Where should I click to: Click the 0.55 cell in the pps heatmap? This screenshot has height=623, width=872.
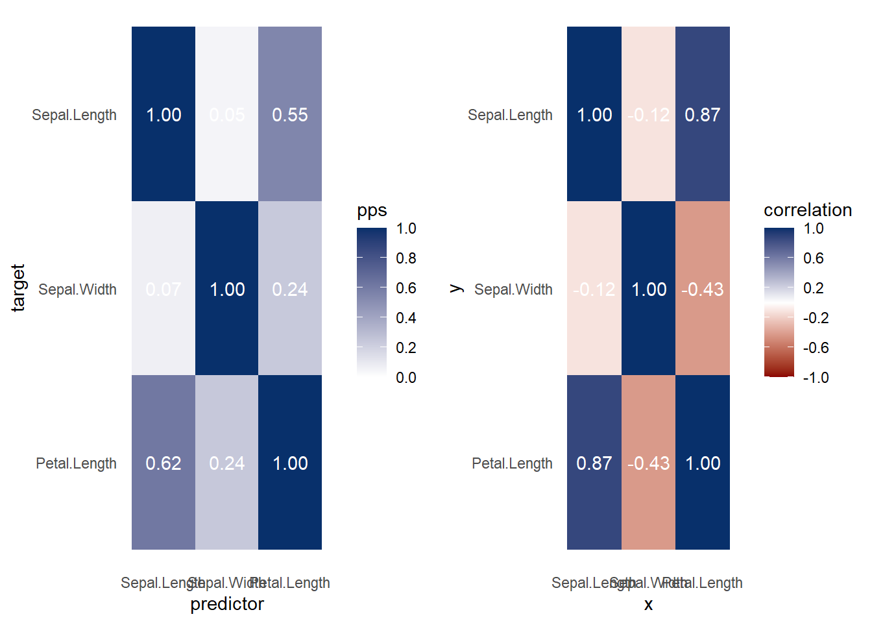(290, 114)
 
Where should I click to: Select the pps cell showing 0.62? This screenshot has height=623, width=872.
(163, 463)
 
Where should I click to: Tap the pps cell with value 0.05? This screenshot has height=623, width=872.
(227, 114)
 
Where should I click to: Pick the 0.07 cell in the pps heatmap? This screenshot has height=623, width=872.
(163, 289)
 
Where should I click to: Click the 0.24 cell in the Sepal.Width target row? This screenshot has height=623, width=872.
(290, 289)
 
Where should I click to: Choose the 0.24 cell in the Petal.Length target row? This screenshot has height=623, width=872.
(227, 463)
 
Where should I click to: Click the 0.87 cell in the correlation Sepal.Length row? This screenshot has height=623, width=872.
(703, 114)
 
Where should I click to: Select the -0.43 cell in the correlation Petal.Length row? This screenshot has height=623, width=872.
(648, 463)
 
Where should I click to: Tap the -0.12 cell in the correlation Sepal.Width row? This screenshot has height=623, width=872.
(594, 289)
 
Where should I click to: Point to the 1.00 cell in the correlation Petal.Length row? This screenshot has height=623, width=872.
(703, 463)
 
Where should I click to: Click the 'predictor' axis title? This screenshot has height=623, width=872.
(227, 604)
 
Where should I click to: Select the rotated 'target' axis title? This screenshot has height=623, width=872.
(18, 288)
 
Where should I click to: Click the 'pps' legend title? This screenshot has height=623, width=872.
(372, 210)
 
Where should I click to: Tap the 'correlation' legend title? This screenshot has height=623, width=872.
(808, 210)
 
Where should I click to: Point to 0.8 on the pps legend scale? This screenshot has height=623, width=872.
(406, 258)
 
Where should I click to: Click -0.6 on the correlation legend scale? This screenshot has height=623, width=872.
(816, 348)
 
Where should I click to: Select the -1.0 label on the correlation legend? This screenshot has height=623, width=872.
(816, 378)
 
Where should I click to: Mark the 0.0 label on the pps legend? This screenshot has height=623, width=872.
(406, 378)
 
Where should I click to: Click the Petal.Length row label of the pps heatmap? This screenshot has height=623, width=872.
(76, 463)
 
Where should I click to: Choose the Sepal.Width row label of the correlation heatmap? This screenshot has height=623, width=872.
(513, 289)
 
